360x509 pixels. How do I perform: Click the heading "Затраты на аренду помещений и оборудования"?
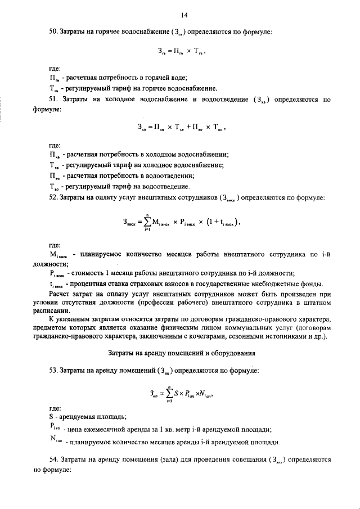tap(181, 353)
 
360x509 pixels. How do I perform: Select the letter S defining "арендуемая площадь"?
tap(51, 417)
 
